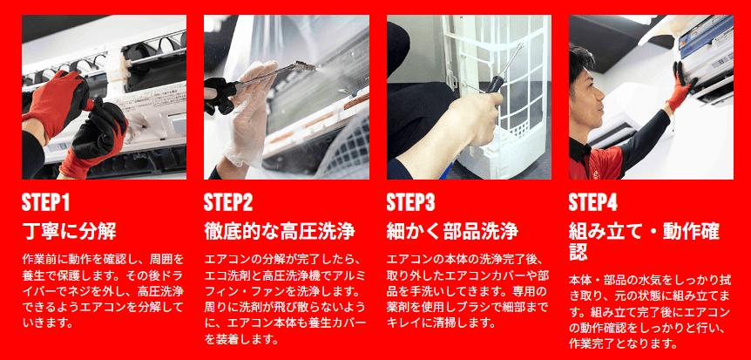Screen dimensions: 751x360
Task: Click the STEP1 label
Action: pos(45,202)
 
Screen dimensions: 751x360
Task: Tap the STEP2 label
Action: pos(228,202)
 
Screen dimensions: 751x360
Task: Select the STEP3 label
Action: pos(410,202)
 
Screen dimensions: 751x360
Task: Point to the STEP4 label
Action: pos(593,202)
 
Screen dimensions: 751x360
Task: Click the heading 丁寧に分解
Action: pos(70,232)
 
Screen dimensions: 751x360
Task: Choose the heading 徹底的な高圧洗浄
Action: pos(280,232)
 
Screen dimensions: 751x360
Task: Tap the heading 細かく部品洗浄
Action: pos(452,232)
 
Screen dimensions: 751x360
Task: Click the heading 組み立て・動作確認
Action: pos(644,242)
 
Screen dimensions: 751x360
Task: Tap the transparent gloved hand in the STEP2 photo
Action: pos(249,115)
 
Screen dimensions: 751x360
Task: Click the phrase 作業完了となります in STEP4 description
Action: pos(622,343)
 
